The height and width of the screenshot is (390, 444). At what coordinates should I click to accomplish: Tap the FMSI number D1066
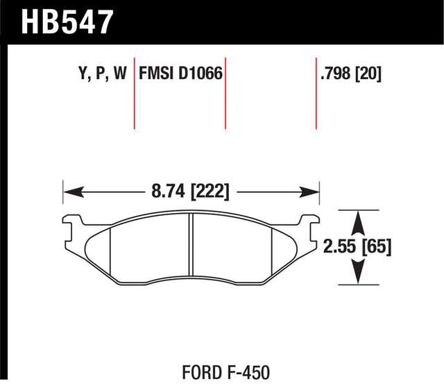(x=202, y=74)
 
